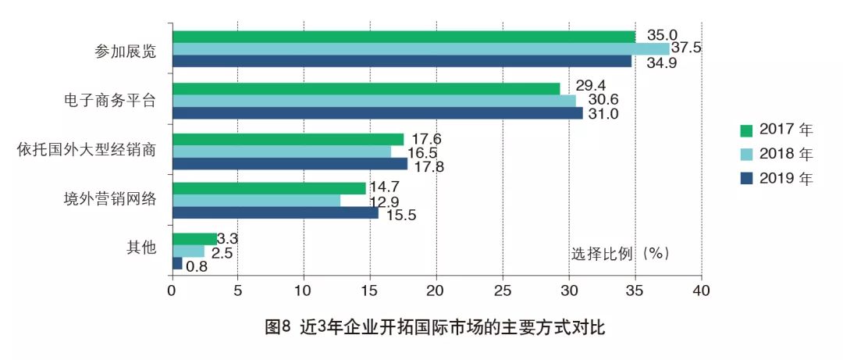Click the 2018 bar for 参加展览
point(421,49)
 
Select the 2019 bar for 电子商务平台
point(377,113)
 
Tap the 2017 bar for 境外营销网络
point(269,188)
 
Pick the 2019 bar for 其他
point(177,264)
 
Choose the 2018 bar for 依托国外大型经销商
point(281,151)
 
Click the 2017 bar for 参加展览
point(404,37)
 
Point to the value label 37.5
point(686,48)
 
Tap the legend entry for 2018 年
point(781,155)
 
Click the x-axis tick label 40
point(701,290)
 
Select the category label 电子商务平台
point(110,101)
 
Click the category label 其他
point(141,248)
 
